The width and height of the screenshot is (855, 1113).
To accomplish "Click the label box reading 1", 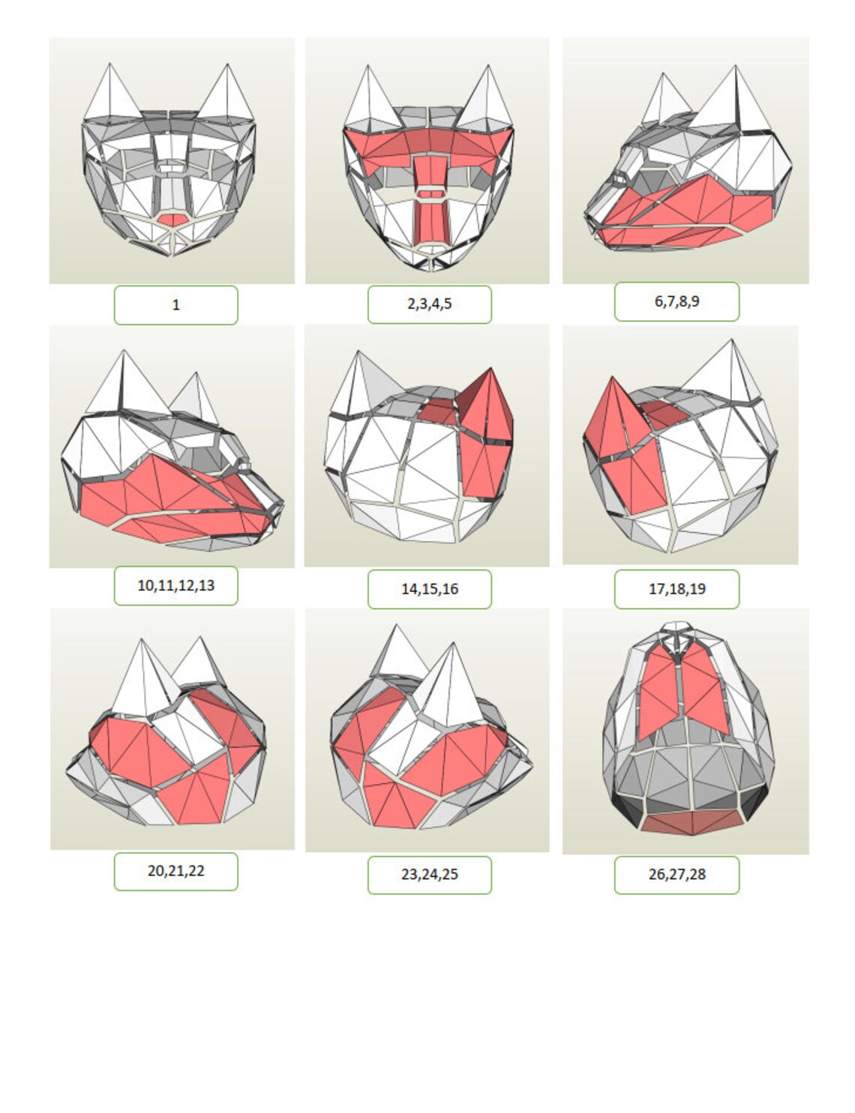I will pos(175,305).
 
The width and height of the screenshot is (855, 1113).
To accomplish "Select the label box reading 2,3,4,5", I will pos(429,304).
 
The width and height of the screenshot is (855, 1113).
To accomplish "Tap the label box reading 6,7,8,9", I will pos(676,301).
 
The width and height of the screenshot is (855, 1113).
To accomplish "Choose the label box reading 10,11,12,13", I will pos(175,585).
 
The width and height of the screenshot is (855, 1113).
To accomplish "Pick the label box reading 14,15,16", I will pos(429,589).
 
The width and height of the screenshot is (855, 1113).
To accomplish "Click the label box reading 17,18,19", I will pos(676,589).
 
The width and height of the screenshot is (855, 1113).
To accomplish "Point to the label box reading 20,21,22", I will pos(175,871).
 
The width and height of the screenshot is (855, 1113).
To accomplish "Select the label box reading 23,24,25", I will pos(429,875).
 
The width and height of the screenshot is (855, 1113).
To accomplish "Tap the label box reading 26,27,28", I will pos(676,875).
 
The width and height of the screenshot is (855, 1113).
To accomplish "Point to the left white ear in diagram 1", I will pos(111,97).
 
